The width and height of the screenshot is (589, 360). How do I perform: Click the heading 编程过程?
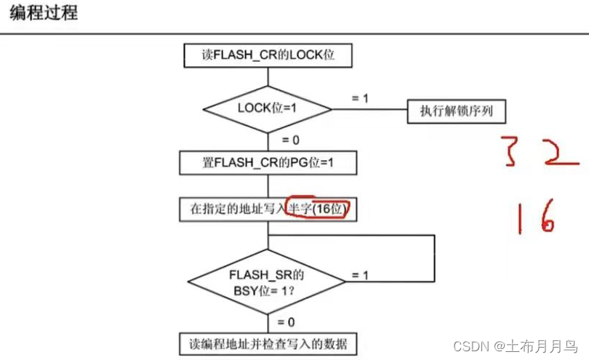[x=44, y=13]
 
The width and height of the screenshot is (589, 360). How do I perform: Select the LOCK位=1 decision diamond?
[x=268, y=110]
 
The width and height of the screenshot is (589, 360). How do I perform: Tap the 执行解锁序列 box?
[x=456, y=111]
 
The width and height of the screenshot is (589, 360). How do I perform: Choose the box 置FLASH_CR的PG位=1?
[x=268, y=162]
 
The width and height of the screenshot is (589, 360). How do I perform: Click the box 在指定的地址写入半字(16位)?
[x=268, y=209]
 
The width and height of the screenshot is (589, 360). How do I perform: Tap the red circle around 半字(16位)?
[x=317, y=209]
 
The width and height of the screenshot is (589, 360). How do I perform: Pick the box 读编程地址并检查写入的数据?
[x=268, y=343]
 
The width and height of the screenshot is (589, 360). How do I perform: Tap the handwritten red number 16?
[x=537, y=216]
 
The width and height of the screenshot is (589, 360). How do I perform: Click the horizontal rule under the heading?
[x=294, y=33]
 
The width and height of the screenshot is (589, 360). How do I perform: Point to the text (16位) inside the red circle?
[x=330, y=209]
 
